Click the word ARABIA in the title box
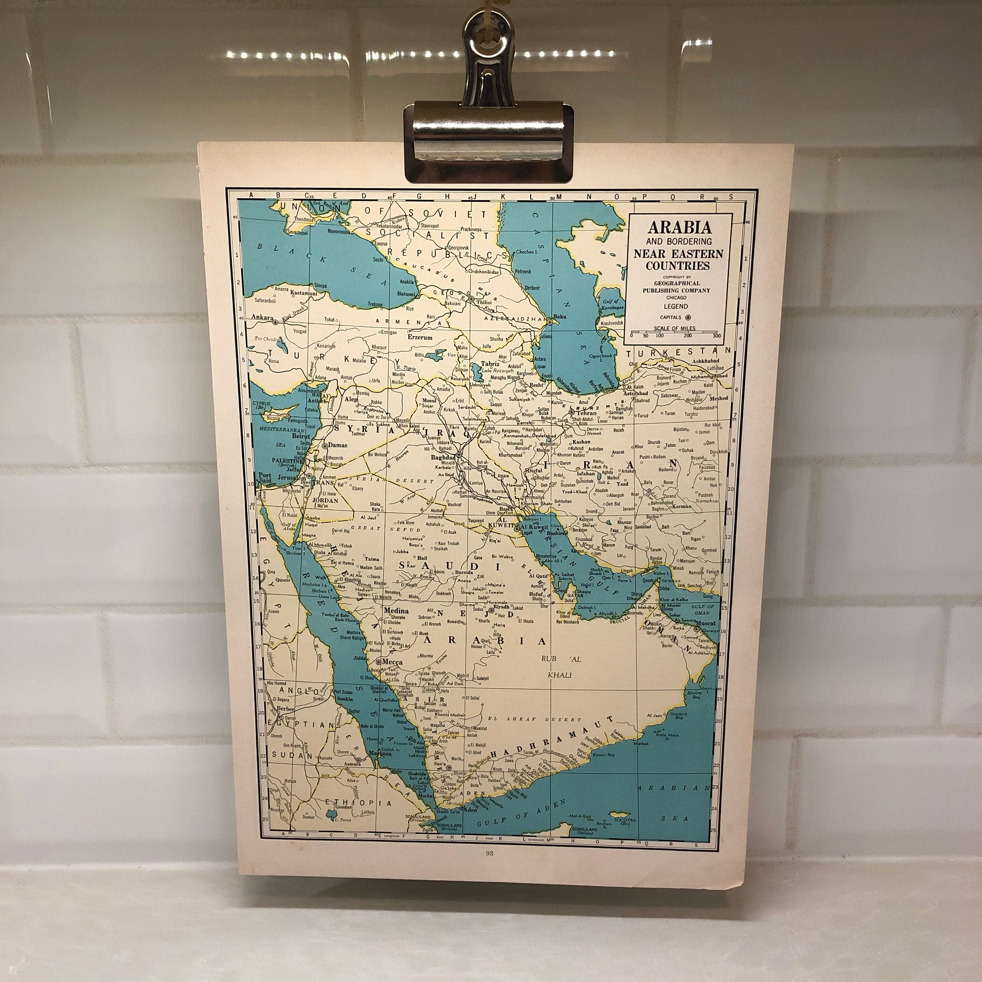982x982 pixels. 679,227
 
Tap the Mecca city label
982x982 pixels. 392,662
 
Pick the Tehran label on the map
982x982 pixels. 587,413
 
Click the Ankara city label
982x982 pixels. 262,317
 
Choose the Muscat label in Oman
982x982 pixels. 706,623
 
